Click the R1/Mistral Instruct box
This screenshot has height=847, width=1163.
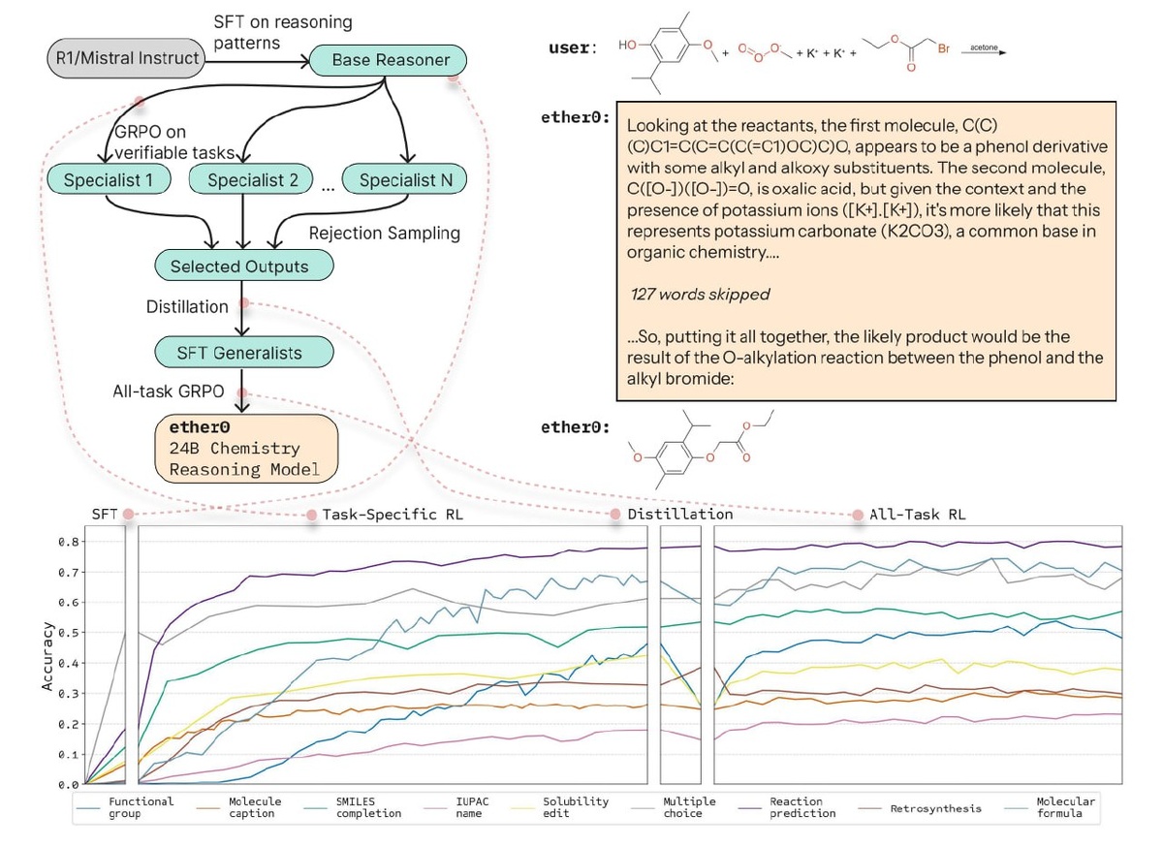[127, 58]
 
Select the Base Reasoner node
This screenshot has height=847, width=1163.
[389, 60]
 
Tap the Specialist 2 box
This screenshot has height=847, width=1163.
[252, 179]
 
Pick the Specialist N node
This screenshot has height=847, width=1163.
[405, 179]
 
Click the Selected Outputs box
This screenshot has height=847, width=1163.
[244, 266]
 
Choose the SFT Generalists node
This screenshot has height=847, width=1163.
[244, 353]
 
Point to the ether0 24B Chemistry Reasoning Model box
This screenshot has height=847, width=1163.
[247, 450]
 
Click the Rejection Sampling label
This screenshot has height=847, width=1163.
[385, 234]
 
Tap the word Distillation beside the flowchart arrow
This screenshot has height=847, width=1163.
[187, 307]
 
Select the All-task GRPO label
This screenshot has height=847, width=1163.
[169, 392]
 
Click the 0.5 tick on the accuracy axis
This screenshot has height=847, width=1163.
[69, 634]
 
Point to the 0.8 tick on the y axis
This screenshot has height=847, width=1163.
[69, 542]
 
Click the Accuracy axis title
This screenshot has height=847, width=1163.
[47, 657]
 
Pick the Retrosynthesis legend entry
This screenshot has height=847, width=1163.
[920, 808]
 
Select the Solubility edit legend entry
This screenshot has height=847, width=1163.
[560, 808]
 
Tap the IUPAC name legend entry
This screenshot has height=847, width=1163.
[456, 808]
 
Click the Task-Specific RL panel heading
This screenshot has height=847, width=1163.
[393, 515]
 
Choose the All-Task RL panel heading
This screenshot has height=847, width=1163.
[918, 515]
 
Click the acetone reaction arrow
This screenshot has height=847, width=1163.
[985, 52]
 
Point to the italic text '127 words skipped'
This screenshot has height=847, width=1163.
[701, 295]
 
